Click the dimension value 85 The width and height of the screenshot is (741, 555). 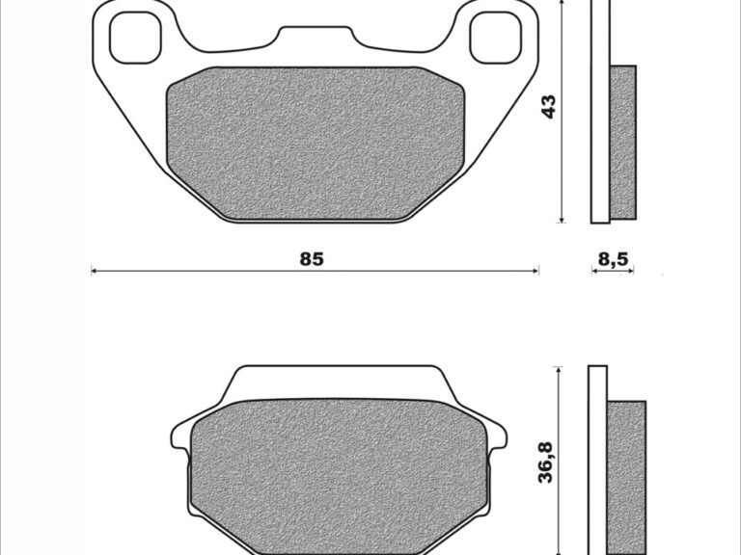click(x=312, y=259)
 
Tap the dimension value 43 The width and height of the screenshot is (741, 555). click(x=549, y=107)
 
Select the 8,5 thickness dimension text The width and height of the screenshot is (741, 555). click(x=613, y=259)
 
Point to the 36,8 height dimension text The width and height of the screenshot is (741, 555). click(x=546, y=462)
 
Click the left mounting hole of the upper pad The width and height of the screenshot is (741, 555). click(x=136, y=38)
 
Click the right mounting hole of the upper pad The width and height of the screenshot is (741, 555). click(x=495, y=38)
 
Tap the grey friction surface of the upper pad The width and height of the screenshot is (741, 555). click(x=316, y=143)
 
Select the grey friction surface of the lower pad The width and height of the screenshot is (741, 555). click(x=340, y=477)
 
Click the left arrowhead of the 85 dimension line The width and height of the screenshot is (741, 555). click(x=94, y=271)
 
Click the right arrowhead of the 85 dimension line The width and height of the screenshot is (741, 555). click(x=535, y=271)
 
